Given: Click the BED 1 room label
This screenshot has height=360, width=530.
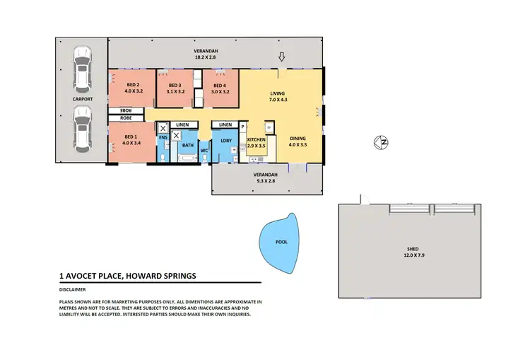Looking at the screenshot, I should pyautogui.click(x=130, y=137).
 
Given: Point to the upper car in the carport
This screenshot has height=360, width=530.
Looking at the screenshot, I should pyautogui.click(x=83, y=69).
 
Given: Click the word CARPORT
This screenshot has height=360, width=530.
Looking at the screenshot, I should pyautogui.click(x=83, y=100).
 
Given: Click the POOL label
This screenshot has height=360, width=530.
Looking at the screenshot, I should pyautogui.click(x=281, y=242).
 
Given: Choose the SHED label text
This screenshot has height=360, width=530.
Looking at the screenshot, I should pyautogui.click(x=411, y=248).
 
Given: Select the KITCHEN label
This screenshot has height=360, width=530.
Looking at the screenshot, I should pyautogui.click(x=256, y=140).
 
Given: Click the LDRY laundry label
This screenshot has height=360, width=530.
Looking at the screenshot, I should pyautogui.click(x=226, y=140).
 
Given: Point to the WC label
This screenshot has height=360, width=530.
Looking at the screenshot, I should pyautogui.click(x=204, y=151).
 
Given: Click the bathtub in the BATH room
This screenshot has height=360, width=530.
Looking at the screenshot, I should pyautogui.click(x=187, y=158).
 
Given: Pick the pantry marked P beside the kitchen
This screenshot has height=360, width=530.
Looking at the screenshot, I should pyautogui.click(x=242, y=127).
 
